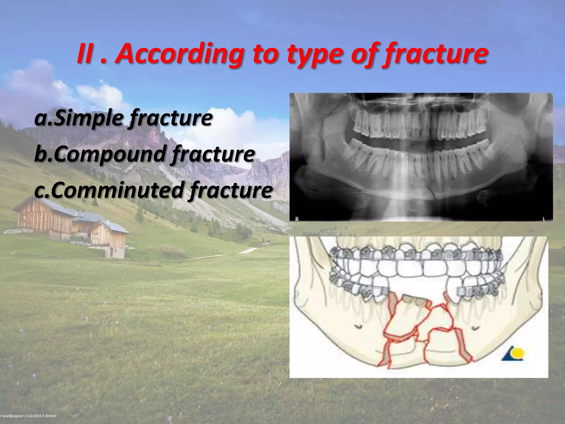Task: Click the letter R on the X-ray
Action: (297, 219)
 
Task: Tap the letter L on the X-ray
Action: (544, 219)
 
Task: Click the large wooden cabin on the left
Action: (44, 218)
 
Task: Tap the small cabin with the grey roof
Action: (109, 237)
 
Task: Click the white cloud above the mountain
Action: (99, 94)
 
